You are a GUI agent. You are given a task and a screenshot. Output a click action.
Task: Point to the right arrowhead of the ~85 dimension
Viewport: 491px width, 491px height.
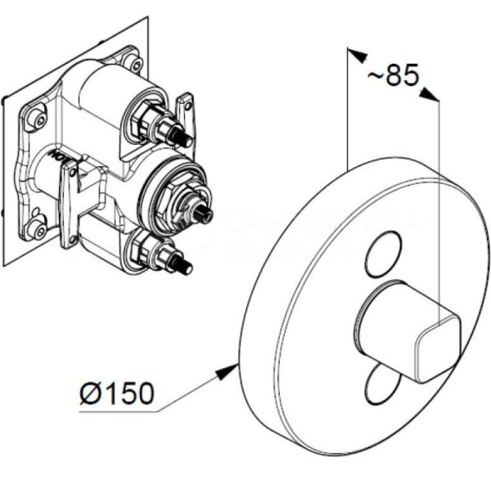[430, 96]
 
